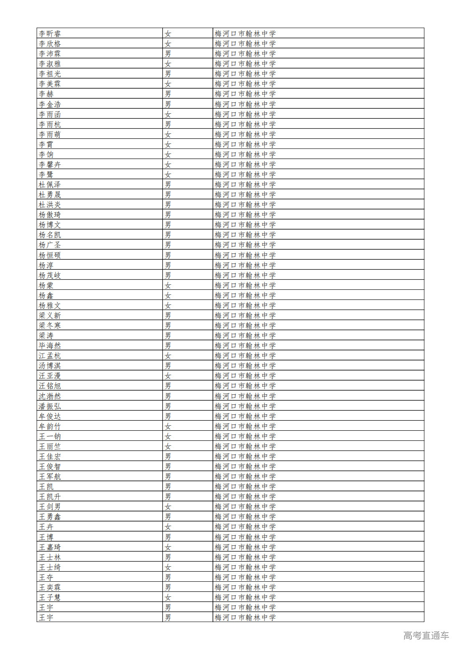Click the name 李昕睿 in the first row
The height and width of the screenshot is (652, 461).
[50, 33]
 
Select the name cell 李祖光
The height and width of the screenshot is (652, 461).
[50, 74]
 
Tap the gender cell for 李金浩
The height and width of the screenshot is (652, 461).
[168, 104]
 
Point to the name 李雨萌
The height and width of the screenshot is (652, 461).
[50, 134]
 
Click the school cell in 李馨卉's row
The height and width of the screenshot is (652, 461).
[245, 164]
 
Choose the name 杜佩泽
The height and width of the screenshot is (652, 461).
[50, 184]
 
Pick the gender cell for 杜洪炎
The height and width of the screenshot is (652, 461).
[168, 205]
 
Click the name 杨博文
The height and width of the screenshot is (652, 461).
[50, 225]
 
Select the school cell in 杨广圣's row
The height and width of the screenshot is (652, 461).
[245, 245]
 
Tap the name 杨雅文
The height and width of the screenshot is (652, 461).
[50, 305]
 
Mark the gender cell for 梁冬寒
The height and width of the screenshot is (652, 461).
[168, 325]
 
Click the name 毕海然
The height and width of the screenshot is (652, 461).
[50, 345]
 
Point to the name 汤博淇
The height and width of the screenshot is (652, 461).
[50, 366]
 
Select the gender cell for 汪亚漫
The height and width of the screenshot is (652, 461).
[168, 376]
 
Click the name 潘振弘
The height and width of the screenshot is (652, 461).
[50, 406]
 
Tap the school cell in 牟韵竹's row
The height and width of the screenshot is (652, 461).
[245, 426]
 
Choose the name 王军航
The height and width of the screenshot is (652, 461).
[50, 476]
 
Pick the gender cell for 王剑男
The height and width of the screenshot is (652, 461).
[168, 506]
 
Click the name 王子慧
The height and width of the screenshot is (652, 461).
[50, 597]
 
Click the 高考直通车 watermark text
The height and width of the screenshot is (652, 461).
[426, 635]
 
